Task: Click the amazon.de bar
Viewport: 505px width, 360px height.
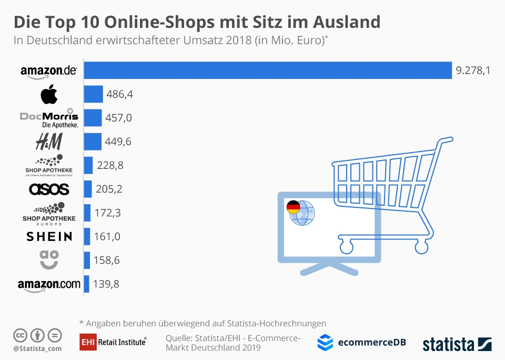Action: [x=268, y=71]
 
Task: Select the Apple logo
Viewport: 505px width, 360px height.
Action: [x=49, y=95]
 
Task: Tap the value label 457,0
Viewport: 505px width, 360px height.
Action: [x=119, y=118]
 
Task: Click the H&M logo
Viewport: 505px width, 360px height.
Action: [x=49, y=142]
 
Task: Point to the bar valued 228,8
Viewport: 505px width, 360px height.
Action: [x=88, y=165]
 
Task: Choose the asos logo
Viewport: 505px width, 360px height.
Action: [x=49, y=188]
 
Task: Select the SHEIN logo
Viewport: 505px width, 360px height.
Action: [x=49, y=236]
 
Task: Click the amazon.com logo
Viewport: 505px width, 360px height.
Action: [x=49, y=284]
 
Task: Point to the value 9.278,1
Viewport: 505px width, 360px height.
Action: [x=473, y=71]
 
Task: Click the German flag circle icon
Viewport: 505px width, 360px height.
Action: [x=293, y=207]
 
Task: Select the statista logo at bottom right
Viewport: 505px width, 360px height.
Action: [x=457, y=344]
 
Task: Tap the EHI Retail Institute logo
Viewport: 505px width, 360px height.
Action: [x=113, y=342]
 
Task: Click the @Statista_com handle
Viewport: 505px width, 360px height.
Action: [x=37, y=348]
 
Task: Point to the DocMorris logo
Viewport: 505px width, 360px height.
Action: [x=49, y=118]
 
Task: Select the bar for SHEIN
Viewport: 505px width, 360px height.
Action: [x=87, y=236]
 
